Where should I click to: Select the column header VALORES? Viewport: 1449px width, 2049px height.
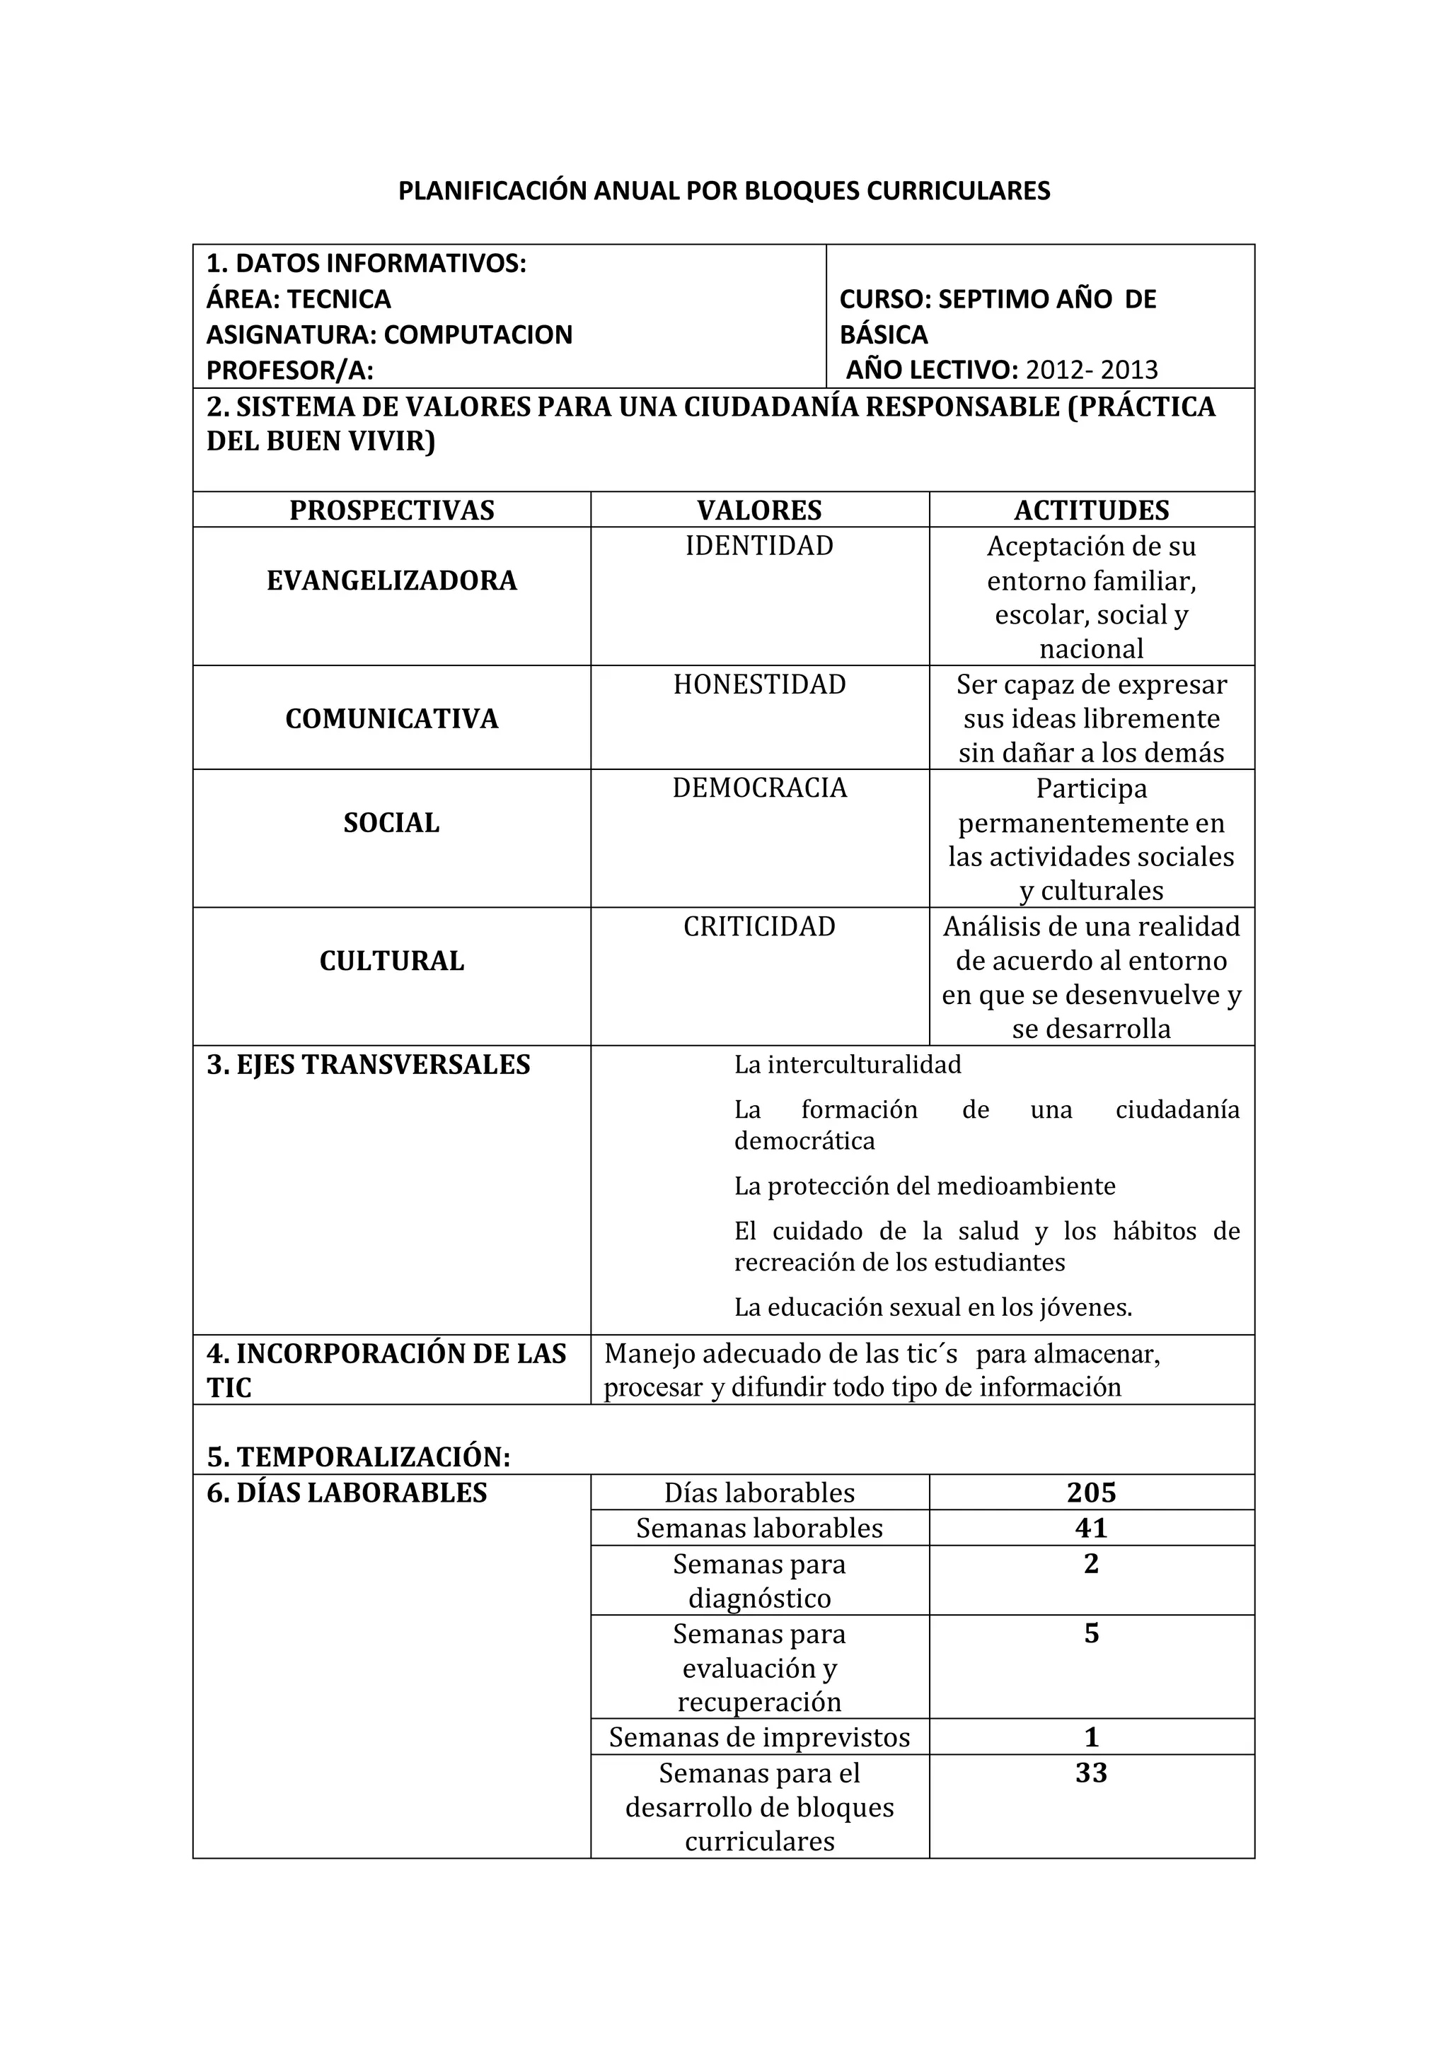pyautogui.click(x=759, y=510)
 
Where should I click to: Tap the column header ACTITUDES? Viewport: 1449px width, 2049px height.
pyautogui.click(x=1091, y=510)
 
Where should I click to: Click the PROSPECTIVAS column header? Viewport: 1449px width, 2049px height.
pyautogui.click(x=391, y=510)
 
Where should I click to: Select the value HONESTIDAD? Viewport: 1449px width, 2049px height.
pyautogui.click(x=759, y=684)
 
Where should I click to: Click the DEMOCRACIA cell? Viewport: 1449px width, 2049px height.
pyautogui.click(x=759, y=788)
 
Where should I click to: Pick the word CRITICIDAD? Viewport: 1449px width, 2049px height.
pyautogui.click(x=759, y=926)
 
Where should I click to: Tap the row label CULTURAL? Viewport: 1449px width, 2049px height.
pyautogui.click(x=391, y=961)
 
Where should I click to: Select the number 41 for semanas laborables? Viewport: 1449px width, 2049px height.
pyautogui.click(x=1091, y=1528)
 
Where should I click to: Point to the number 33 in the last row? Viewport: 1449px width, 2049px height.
pyautogui.click(x=1091, y=1773)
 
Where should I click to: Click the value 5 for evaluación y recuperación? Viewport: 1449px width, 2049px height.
pyautogui.click(x=1091, y=1633)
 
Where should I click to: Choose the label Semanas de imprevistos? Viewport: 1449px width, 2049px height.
pyautogui.click(x=759, y=1736)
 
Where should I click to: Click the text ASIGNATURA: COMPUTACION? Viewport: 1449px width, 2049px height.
pyautogui.click(x=389, y=334)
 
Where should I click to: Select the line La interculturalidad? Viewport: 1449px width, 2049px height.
pyautogui.click(x=848, y=1065)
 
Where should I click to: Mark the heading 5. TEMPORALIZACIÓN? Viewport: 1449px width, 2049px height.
pyautogui.click(x=358, y=1457)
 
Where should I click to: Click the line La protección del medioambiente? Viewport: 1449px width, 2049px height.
pyautogui.click(x=924, y=1186)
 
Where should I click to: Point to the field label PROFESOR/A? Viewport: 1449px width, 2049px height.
pyautogui.click(x=289, y=370)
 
